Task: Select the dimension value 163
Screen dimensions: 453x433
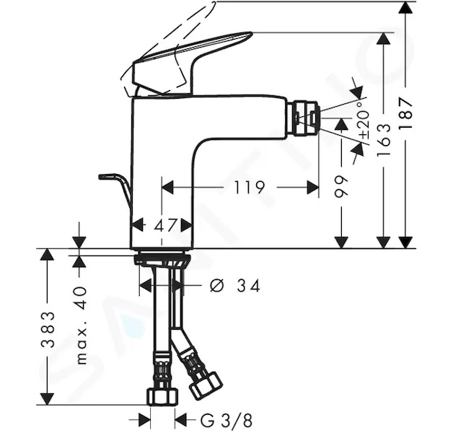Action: pos(384,140)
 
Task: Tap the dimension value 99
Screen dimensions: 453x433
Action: pos(341,186)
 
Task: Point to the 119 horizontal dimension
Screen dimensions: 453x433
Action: pos(249,188)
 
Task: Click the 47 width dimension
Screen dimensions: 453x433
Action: pos(165,225)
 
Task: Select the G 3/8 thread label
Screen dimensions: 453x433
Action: pos(226,421)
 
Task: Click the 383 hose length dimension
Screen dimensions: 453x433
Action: pos(48,330)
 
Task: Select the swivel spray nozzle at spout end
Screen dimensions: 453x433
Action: pos(304,118)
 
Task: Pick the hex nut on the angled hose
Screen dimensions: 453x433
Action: pos(206,385)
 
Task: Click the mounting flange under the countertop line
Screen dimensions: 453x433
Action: pos(162,258)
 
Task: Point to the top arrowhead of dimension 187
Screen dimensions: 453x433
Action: pos(405,7)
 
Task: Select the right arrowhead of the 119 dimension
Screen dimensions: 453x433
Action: pos(312,188)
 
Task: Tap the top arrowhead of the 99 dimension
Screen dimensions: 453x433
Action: pos(341,124)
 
